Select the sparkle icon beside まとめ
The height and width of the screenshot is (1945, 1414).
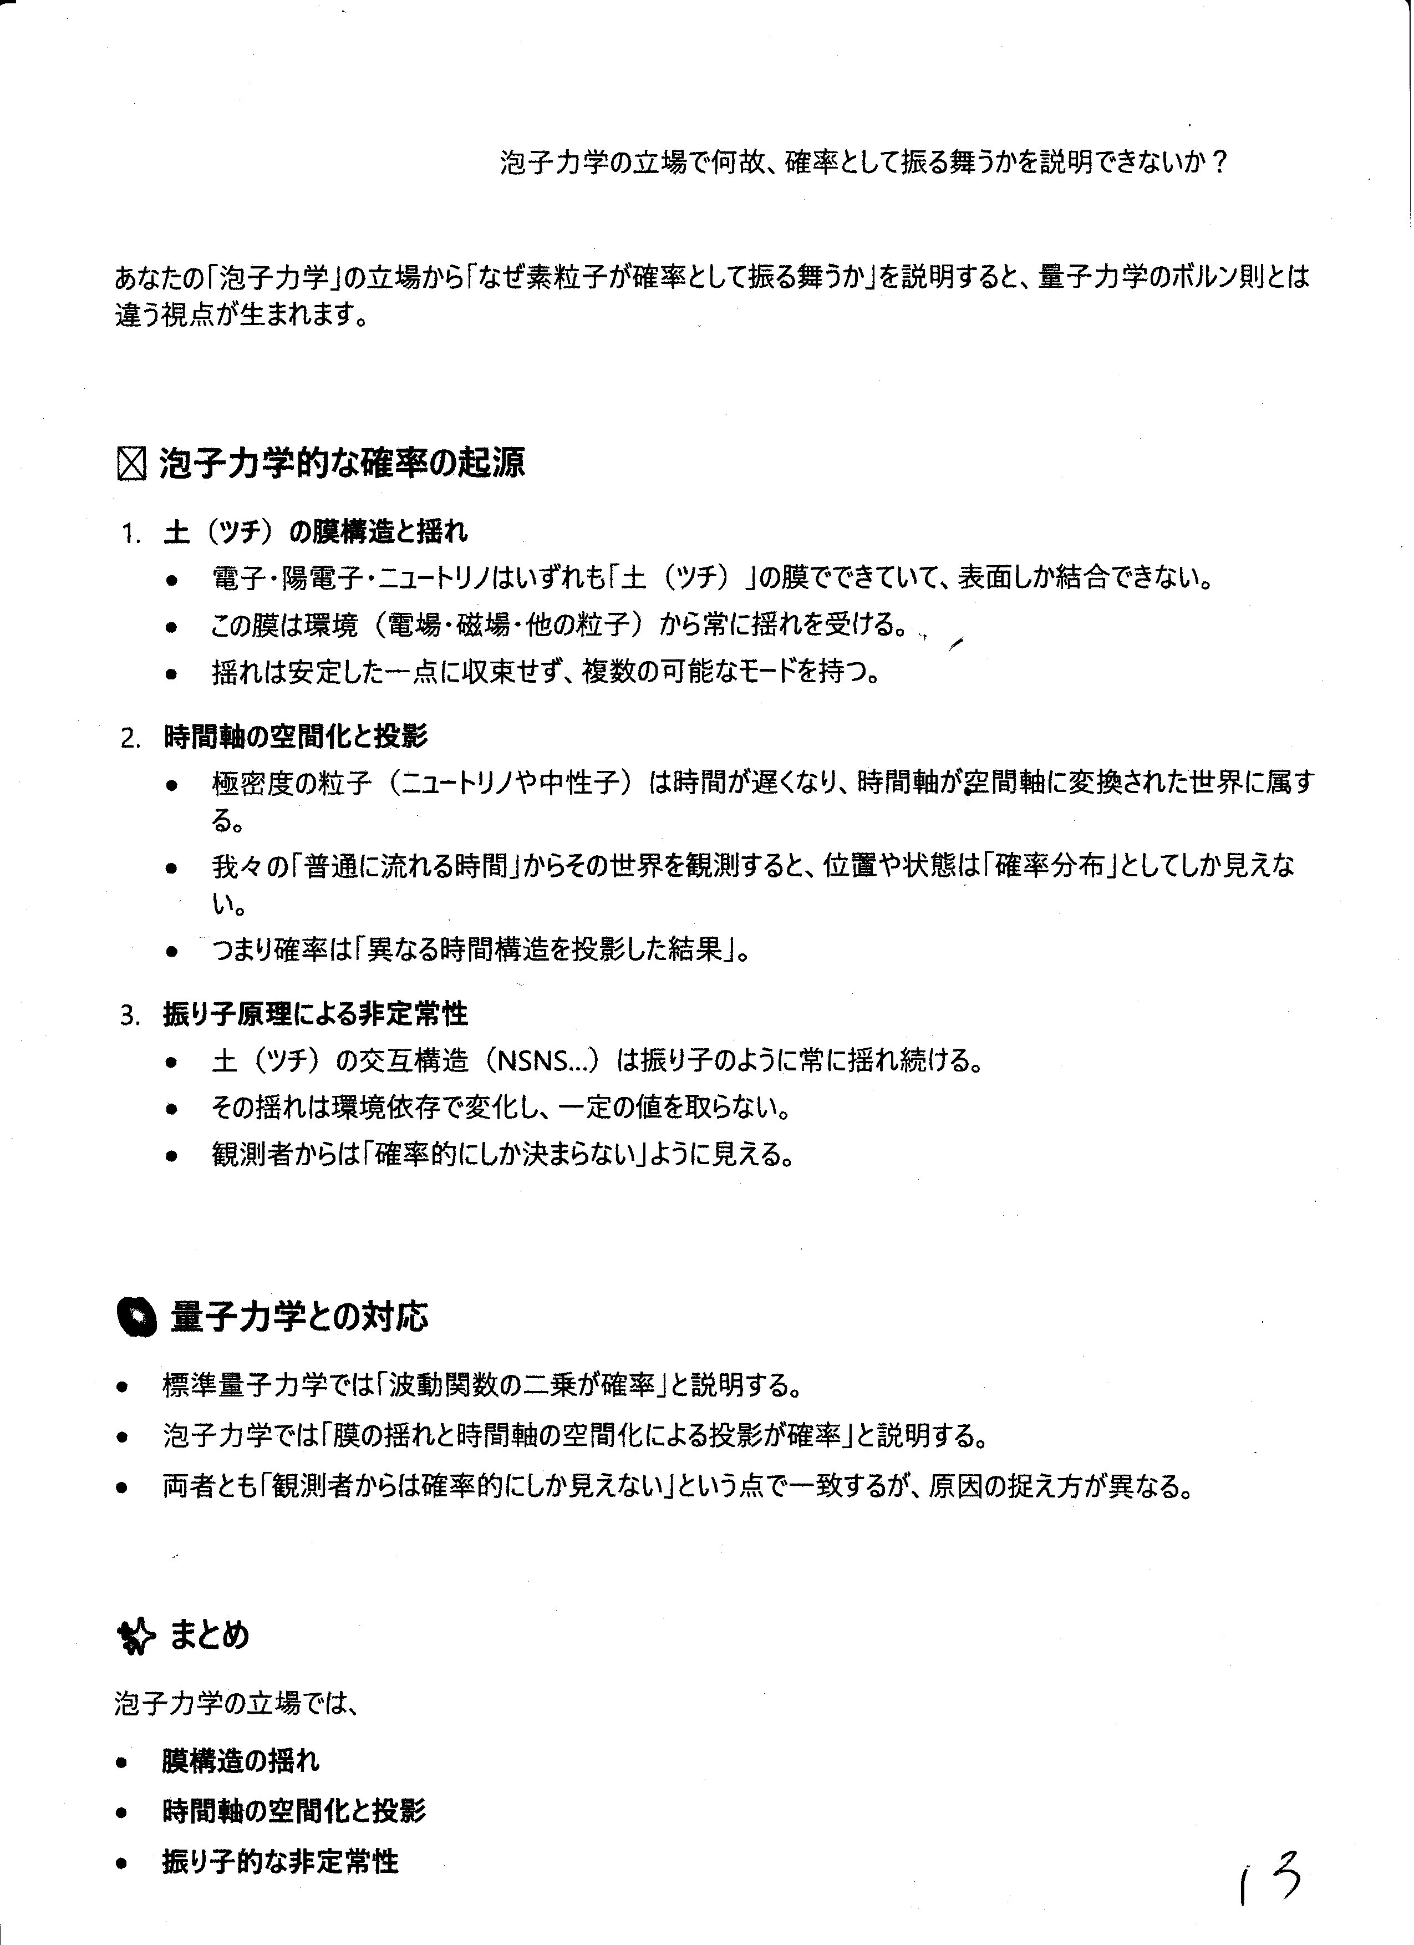click(135, 1636)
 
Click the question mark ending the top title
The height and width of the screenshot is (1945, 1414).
click(1218, 163)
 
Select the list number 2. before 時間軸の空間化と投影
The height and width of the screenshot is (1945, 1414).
click(131, 738)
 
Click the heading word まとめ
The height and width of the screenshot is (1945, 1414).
click(209, 1634)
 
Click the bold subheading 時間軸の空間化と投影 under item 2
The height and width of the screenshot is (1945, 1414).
click(296, 737)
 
